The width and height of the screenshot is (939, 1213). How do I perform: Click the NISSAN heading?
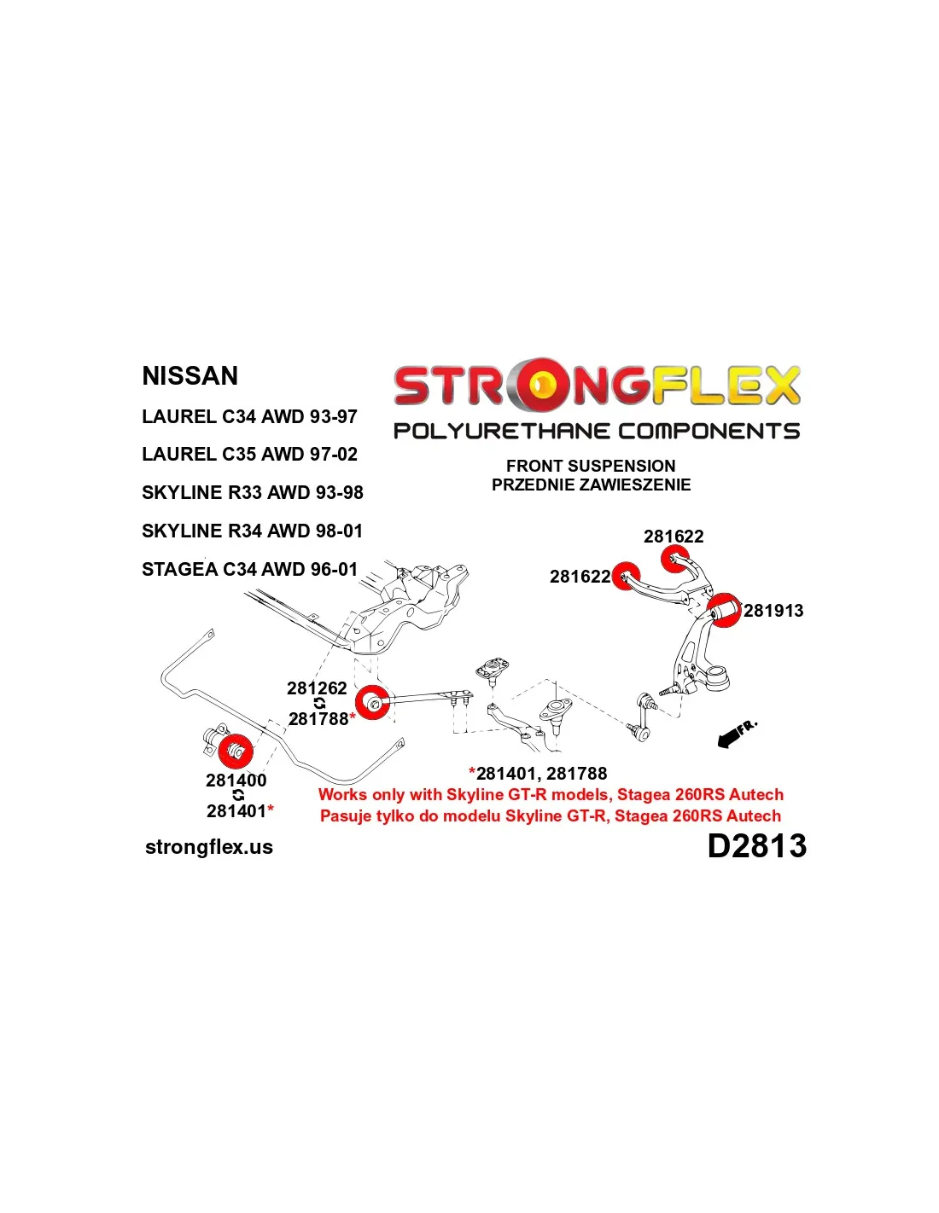click(190, 375)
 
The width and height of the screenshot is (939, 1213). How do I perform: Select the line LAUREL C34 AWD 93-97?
click(250, 416)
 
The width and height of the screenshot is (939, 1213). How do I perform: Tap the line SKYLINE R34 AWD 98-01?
click(253, 531)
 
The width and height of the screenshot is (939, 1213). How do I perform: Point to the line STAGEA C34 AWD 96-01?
click(250, 569)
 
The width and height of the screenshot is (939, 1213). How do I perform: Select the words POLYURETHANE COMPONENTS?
click(597, 431)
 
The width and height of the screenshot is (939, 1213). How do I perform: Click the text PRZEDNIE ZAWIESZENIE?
click(591, 485)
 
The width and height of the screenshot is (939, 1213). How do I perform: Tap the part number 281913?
click(773, 611)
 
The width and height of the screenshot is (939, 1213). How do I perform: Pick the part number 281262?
click(317, 688)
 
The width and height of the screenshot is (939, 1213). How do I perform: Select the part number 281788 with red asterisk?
click(322, 719)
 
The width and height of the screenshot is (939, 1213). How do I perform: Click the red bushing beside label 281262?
click(372, 702)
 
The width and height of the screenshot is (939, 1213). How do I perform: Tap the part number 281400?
click(236, 780)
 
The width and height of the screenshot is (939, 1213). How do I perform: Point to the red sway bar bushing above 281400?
click(235, 750)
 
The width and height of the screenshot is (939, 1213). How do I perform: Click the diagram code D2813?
click(757, 846)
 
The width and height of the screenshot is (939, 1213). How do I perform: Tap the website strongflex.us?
click(209, 847)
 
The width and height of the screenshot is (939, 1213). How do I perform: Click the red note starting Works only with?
click(551, 794)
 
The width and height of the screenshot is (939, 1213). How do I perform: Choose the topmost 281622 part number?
click(674, 537)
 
